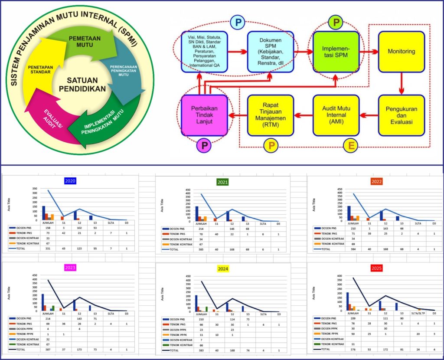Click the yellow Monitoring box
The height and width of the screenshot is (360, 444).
(x=401, y=52)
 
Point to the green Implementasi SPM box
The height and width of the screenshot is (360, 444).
(x=335, y=52)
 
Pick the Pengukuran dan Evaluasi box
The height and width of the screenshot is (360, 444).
(x=401, y=115)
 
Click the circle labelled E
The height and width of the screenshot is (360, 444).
(x=350, y=146)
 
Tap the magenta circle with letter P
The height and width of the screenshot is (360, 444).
(x=203, y=146)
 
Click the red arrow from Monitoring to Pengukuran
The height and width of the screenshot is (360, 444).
(x=401, y=83)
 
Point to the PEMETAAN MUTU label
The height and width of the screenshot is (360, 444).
(x=85, y=41)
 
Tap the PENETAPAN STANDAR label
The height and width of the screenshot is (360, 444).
(x=41, y=70)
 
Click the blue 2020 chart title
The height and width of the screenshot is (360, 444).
(x=70, y=181)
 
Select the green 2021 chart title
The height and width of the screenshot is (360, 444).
(x=224, y=182)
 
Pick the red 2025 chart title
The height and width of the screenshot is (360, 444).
(x=375, y=268)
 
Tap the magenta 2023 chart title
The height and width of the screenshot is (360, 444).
(x=70, y=268)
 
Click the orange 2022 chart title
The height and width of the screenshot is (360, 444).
(x=375, y=182)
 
